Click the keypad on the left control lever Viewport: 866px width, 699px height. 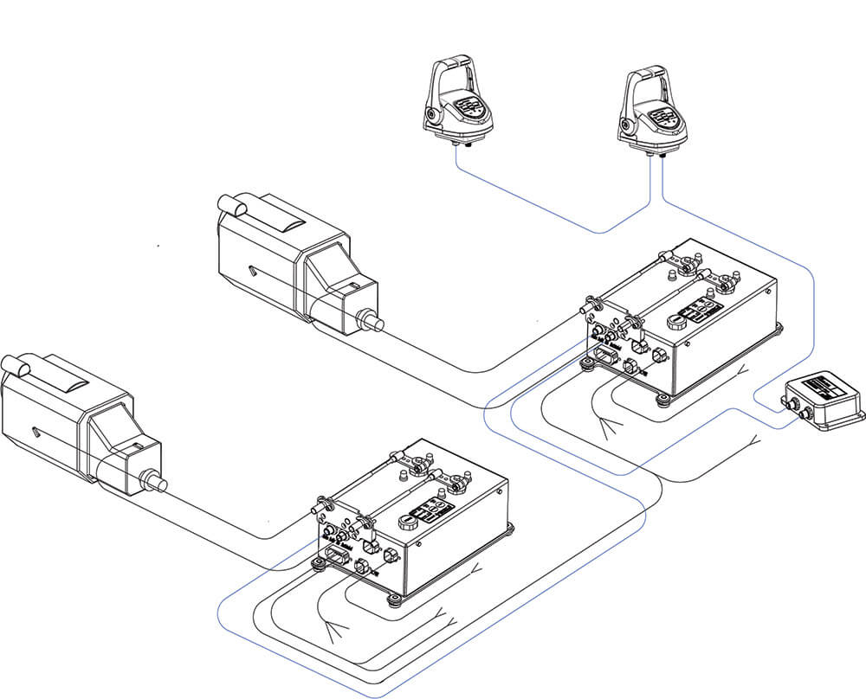469,108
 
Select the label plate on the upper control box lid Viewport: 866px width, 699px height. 701,311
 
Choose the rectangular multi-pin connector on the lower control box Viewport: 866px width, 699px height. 337,556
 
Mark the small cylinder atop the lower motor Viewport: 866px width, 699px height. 19,367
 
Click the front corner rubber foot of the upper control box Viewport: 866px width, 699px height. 662,399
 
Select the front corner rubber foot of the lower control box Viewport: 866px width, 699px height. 394,600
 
